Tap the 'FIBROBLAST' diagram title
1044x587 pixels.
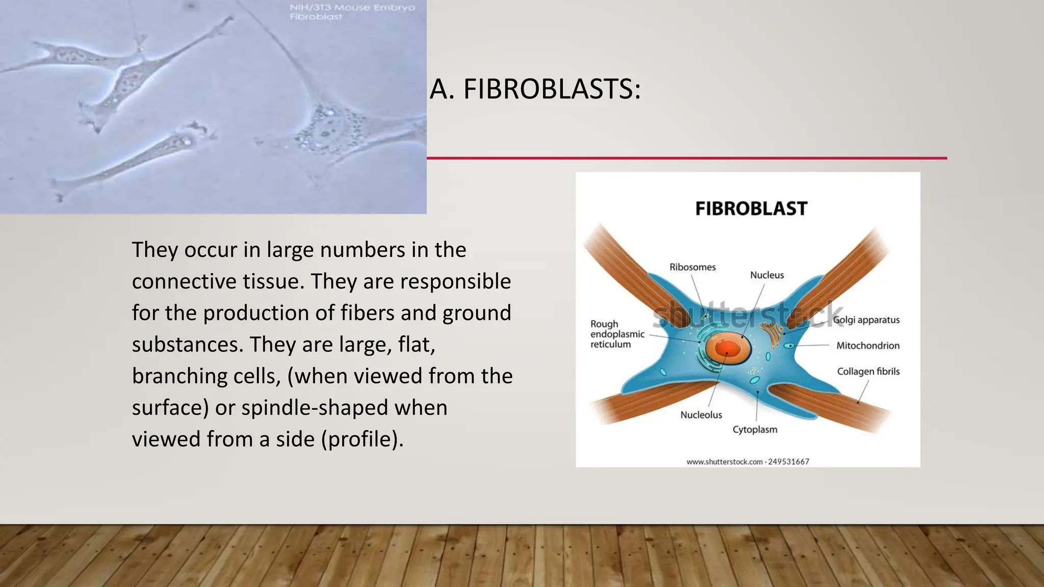(x=751, y=208)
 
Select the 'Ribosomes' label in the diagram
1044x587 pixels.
(x=692, y=267)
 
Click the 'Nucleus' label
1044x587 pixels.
(x=767, y=275)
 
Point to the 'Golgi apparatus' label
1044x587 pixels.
(x=866, y=320)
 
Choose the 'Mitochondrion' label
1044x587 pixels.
(x=868, y=345)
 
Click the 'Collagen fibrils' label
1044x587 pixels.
(x=868, y=371)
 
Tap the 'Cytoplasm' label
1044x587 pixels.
(x=755, y=430)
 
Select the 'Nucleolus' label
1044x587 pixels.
(x=701, y=415)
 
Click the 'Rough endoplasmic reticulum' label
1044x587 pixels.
(x=617, y=334)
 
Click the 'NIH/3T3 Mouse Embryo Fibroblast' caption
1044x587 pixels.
(x=352, y=12)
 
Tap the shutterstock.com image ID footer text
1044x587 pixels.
(x=747, y=462)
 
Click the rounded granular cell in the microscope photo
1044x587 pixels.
(x=326, y=130)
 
